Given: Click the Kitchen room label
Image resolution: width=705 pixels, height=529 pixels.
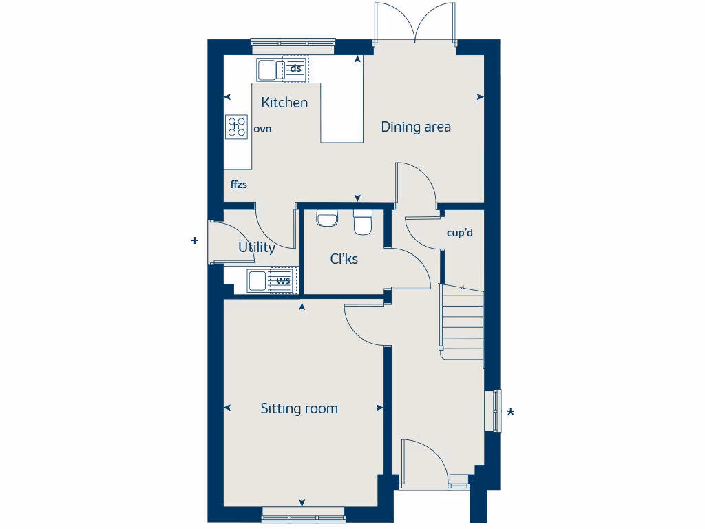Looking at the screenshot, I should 284,103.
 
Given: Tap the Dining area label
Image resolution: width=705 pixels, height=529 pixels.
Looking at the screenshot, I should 416,127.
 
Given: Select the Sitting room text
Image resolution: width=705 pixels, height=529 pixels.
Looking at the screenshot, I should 299,408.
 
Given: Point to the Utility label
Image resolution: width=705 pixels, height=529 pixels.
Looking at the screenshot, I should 257,247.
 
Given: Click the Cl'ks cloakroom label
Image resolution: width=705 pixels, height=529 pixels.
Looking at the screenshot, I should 344,259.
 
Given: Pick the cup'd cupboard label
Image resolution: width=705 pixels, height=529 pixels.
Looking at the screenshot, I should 460,233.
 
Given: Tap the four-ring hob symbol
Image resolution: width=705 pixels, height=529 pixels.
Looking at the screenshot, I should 237,126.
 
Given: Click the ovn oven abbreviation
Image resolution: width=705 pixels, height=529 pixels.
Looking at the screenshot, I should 263,129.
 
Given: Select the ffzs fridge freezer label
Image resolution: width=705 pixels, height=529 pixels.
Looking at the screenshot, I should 239,185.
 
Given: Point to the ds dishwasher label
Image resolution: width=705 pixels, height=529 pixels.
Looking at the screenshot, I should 296,68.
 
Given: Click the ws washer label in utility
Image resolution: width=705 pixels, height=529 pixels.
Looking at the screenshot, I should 283,280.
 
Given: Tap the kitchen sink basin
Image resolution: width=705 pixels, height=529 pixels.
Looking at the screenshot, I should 266,69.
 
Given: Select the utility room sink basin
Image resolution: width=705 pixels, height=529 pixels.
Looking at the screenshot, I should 257,280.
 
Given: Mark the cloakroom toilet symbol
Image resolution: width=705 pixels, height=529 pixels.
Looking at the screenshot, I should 363,222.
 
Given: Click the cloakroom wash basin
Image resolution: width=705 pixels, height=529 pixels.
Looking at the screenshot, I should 326,218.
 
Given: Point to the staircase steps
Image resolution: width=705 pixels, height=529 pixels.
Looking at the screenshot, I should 463,320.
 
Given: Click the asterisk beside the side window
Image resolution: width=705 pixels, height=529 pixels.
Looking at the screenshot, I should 510,413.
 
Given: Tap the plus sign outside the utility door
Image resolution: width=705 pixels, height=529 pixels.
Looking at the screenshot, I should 195,240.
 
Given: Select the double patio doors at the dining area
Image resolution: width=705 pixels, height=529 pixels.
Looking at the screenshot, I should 415,24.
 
